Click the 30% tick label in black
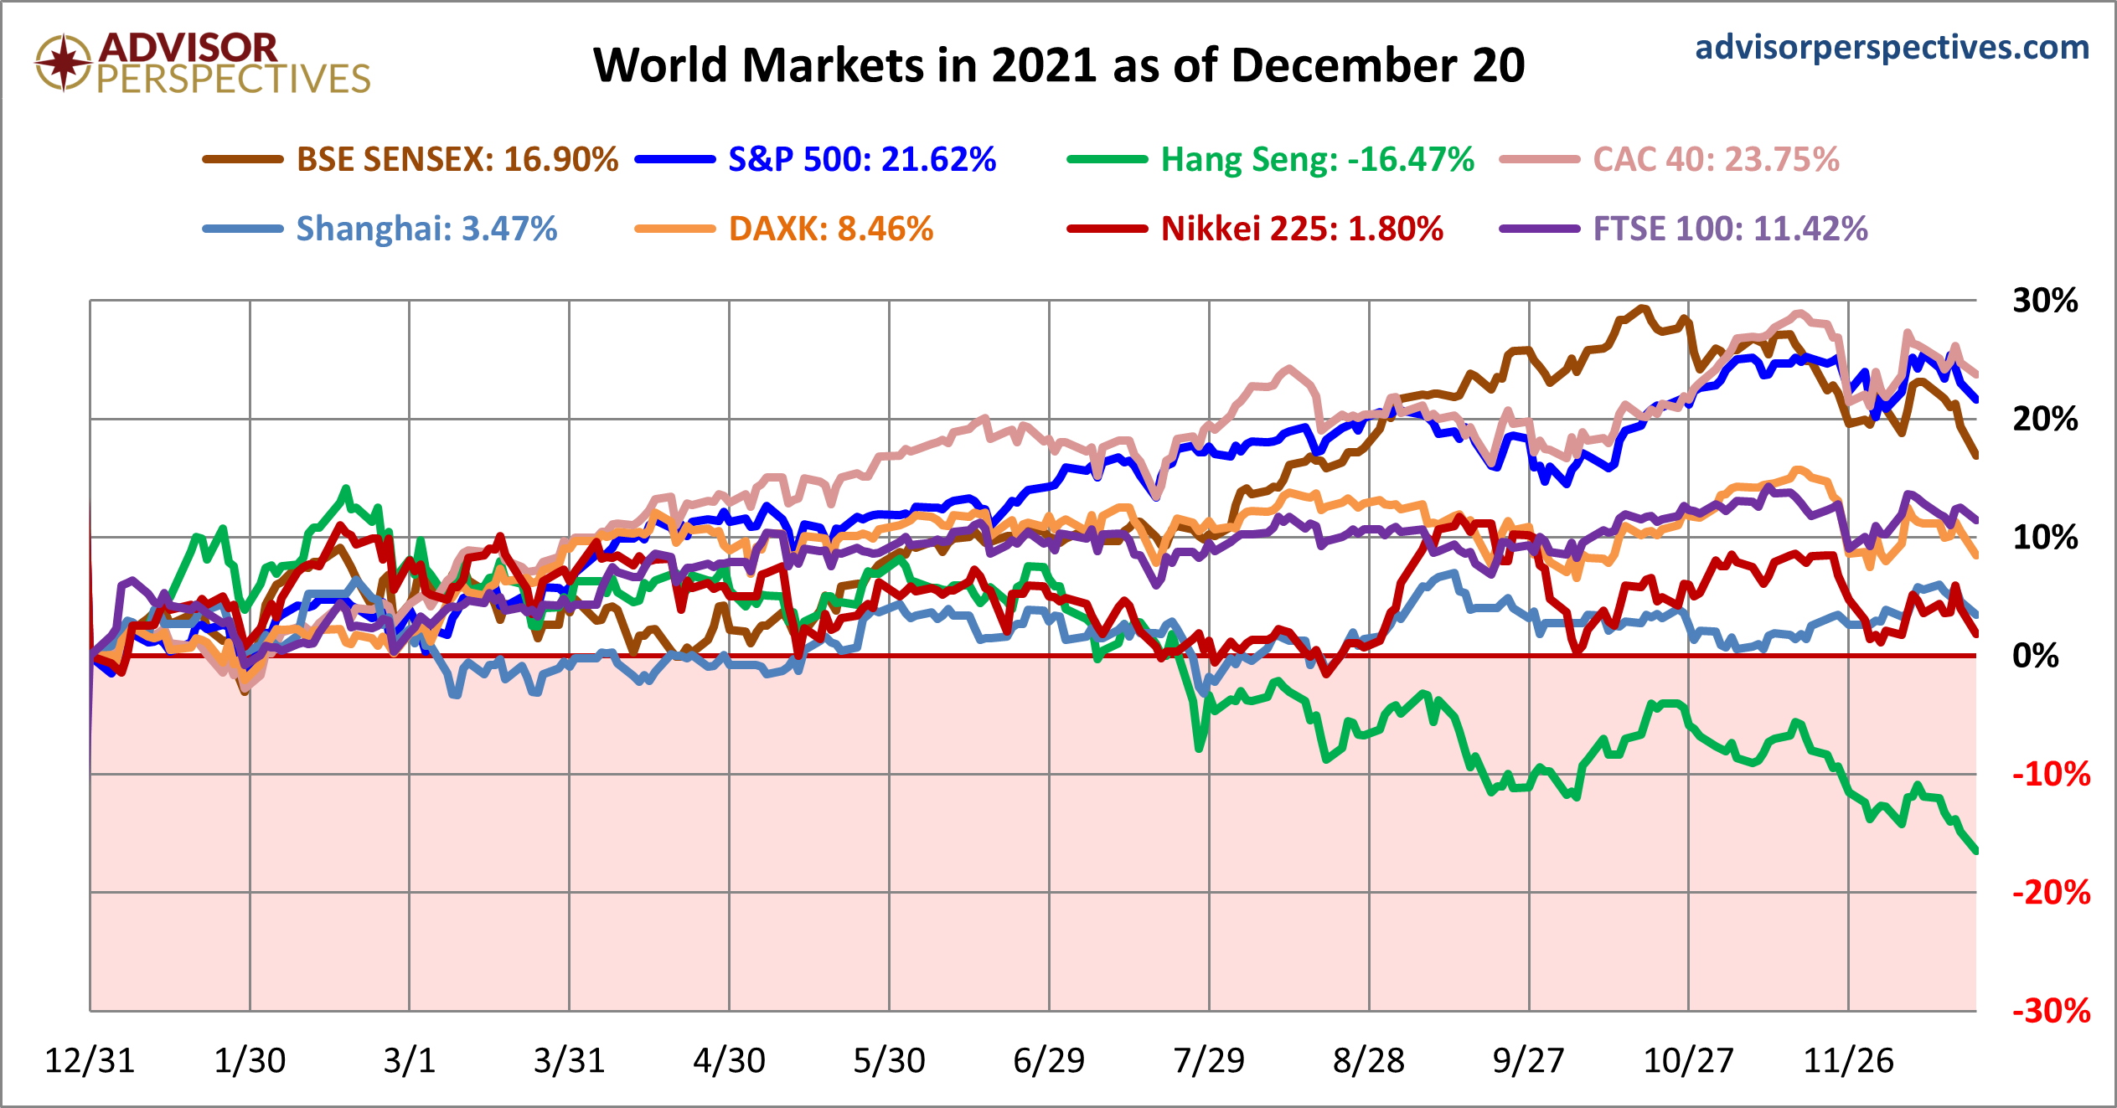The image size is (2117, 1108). point(2045,301)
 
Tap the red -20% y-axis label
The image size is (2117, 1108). point(2050,893)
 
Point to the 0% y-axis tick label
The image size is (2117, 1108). point(2035,656)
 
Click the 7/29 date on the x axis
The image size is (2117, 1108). point(1208,1061)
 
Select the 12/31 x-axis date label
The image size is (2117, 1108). point(90,1061)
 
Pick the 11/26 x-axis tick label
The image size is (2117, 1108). point(1847,1061)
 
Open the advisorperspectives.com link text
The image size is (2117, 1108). point(1892,47)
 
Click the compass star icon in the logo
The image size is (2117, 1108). point(63,63)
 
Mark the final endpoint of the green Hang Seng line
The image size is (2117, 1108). point(1975,851)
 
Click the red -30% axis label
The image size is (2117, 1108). point(2050,1012)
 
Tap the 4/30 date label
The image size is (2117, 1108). point(729,1061)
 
